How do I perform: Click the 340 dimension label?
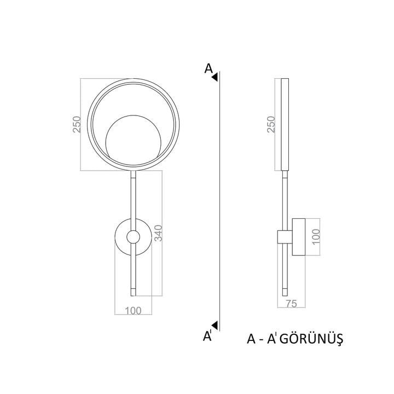click(x=158, y=233)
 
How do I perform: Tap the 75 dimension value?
click(x=291, y=304)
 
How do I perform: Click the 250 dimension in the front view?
click(x=77, y=124)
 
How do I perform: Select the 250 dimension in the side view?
click(x=271, y=124)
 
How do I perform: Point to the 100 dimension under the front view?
click(x=133, y=311)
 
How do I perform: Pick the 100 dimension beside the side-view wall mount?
click(x=316, y=236)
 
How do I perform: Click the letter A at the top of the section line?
click(x=208, y=68)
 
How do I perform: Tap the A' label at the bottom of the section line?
click(x=207, y=336)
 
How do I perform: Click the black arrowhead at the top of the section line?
click(x=215, y=77)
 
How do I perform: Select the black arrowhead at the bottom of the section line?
click(x=215, y=325)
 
